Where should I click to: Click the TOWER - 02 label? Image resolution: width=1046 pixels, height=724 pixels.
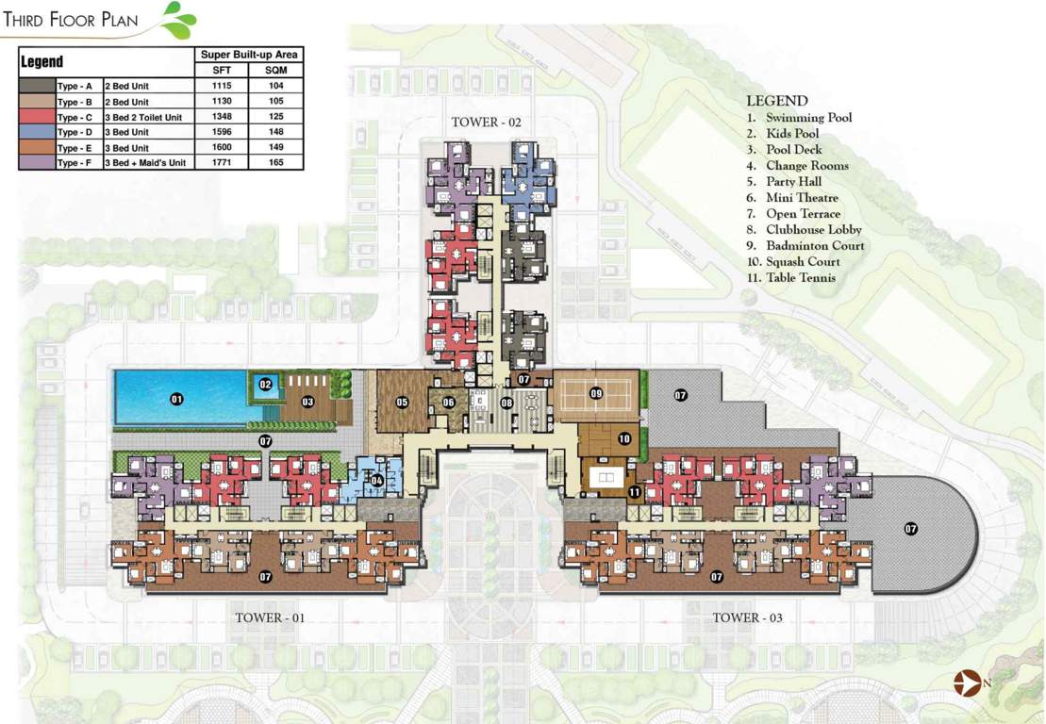pyautogui.click(x=486, y=123)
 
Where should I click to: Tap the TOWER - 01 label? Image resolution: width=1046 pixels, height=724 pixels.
pyautogui.click(x=270, y=617)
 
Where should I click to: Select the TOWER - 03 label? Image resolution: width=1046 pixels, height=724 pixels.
pyautogui.click(x=747, y=617)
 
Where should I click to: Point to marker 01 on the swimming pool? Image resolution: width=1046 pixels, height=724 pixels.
pyautogui.click(x=176, y=399)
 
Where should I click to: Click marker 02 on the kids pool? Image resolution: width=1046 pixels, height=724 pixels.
pyautogui.click(x=266, y=385)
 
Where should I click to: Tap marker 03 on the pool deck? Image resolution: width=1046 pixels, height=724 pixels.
pyautogui.click(x=307, y=402)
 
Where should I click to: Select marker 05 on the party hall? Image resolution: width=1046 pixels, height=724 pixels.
pyautogui.click(x=403, y=403)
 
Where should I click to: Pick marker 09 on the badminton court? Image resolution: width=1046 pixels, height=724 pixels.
pyautogui.click(x=596, y=393)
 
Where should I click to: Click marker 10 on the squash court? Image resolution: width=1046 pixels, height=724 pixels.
pyautogui.click(x=623, y=438)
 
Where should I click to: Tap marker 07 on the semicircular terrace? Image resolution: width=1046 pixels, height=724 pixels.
pyautogui.click(x=911, y=529)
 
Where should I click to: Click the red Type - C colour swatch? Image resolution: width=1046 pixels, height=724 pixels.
pyautogui.click(x=37, y=117)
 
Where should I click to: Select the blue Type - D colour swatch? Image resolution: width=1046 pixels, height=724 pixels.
pyautogui.click(x=37, y=132)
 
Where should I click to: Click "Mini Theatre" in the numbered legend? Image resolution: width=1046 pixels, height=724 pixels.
pyautogui.click(x=801, y=198)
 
